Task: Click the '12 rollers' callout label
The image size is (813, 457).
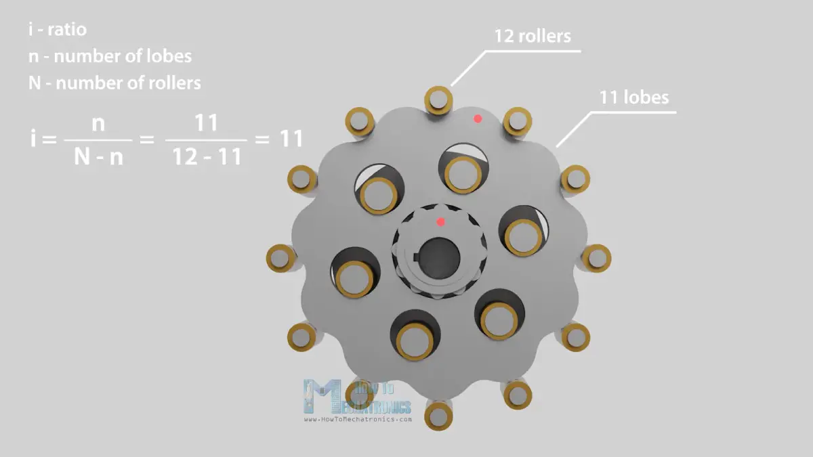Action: tap(533, 36)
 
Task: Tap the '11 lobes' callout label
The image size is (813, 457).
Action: tap(633, 97)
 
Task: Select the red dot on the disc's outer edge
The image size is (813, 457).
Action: tap(478, 118)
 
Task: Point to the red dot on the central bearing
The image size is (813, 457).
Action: tap(440, 222)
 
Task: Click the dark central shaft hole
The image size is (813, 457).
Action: tap(440, 258)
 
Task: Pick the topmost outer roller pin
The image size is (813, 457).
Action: tap(438, 100)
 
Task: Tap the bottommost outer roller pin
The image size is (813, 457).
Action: tap(438, 416)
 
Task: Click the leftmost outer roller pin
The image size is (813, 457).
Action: tap(280, 258)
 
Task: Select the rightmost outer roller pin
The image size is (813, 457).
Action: tap(597, 258)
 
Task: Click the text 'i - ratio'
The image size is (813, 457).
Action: tap(58, 29)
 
